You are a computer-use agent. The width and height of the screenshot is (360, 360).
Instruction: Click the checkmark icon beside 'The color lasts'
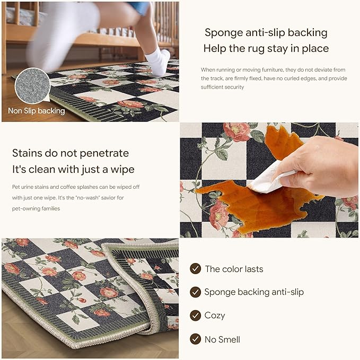point(196,269)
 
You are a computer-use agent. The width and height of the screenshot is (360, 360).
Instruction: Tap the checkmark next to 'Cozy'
point(196,315)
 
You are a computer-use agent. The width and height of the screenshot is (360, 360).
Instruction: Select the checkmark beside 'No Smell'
point(196,339)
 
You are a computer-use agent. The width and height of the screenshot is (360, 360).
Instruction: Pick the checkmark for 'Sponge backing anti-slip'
point(196,292)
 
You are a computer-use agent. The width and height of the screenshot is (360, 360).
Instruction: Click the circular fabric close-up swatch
point(32,85)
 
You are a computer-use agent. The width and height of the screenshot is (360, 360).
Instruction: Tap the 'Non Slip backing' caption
point(37,111)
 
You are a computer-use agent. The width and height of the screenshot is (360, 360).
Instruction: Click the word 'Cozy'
point(215,315)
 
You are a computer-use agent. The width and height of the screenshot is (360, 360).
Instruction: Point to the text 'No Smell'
point(222,339)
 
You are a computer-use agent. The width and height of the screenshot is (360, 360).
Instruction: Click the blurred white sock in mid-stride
point(62,34)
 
